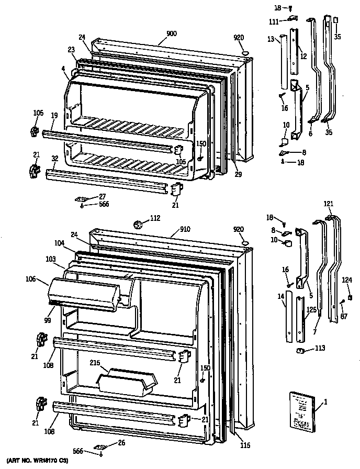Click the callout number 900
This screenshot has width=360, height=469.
tap(172, 33)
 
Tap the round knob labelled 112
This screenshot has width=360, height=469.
tap(139, 225)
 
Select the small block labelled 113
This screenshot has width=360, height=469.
tap(301, 350)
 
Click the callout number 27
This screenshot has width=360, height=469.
tap(102, 196)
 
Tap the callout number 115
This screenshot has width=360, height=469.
tap(245, 445)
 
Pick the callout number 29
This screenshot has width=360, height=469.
tap(238, 174)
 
